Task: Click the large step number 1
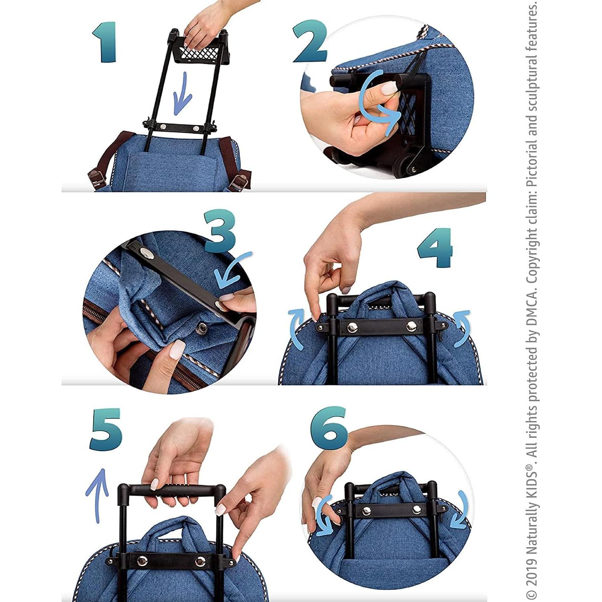pos(105,42)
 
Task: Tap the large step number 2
pos(310,42)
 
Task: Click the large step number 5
pos(106,429)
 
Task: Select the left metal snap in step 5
pos(142,560)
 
